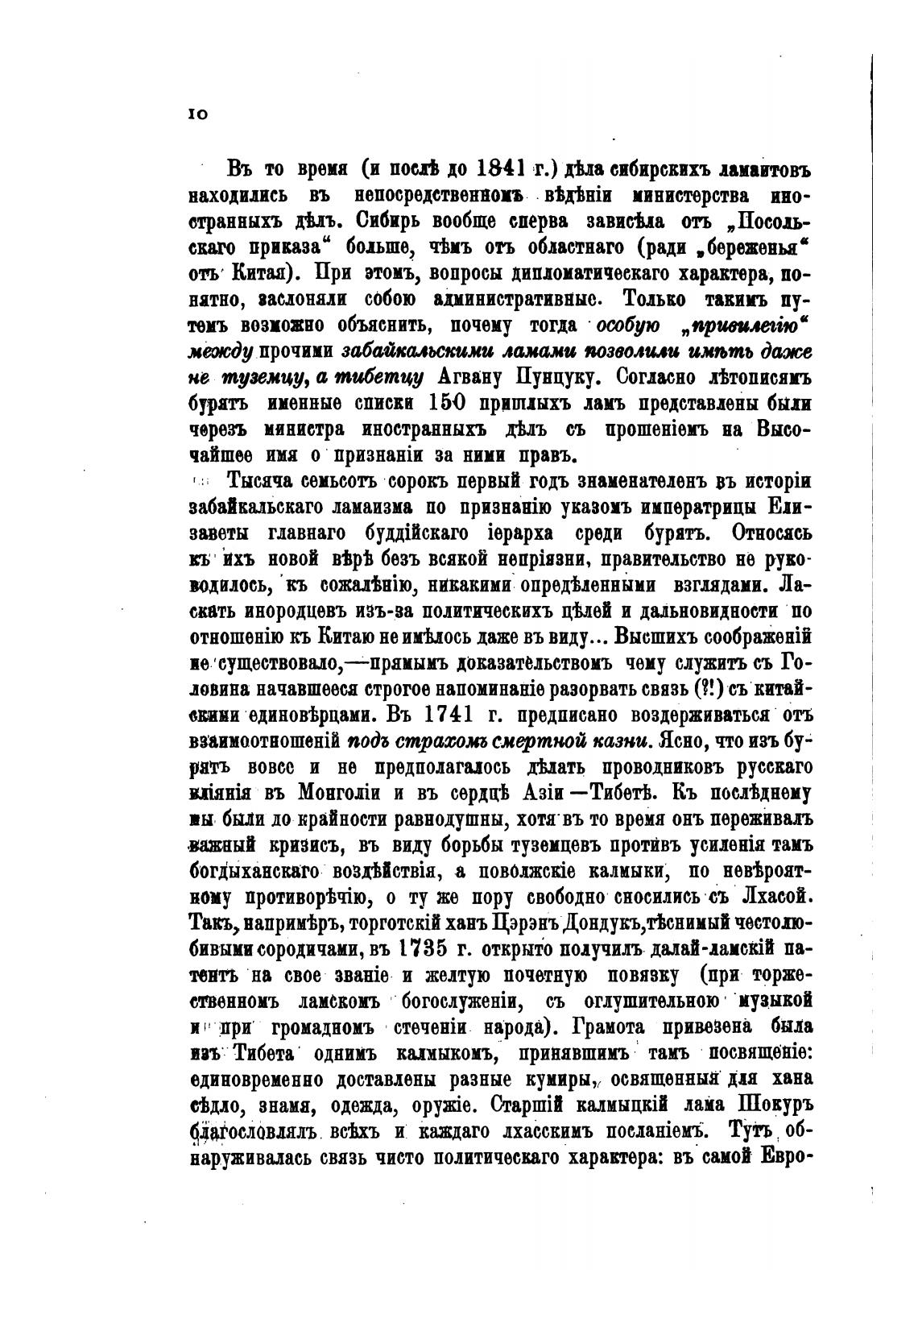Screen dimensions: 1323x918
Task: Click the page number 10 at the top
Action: [198, 114]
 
